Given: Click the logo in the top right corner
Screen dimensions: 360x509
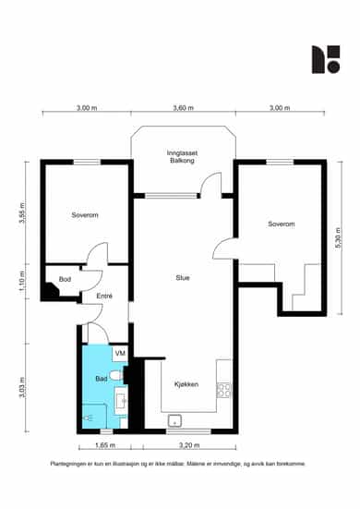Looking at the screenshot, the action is (326, 59).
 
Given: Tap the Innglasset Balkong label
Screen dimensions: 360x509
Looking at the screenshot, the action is (182, 156).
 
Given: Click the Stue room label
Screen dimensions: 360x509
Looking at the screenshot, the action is (183, 277).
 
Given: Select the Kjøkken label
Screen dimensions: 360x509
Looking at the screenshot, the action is (186, 384).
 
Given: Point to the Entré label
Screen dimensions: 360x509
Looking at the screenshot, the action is (104, 296).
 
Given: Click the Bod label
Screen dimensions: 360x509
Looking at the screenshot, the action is (65, 279).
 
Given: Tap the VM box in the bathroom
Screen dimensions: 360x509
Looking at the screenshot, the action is (120, 354).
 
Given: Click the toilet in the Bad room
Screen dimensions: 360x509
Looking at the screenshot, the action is (115, 376).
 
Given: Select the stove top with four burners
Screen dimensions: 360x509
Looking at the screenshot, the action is (223, 390).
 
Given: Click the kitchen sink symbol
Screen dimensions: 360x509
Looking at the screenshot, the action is (174, 420).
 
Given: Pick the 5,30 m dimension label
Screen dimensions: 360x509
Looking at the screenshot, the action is (338, 238).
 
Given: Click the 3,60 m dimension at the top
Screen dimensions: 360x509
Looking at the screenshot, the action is (184, 108).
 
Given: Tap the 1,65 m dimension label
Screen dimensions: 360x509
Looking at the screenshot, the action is (105, 445).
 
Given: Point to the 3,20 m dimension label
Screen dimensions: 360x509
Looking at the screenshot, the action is (189, 445).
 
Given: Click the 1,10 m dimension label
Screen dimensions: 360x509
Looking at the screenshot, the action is (22, 281).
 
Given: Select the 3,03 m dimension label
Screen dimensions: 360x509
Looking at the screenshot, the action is (22, 388).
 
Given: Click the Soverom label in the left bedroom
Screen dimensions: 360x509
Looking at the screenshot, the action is (85, 215).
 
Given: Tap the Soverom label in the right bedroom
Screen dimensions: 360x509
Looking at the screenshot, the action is (282, 224).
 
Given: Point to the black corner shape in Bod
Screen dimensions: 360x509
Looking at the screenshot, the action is (51, 289).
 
